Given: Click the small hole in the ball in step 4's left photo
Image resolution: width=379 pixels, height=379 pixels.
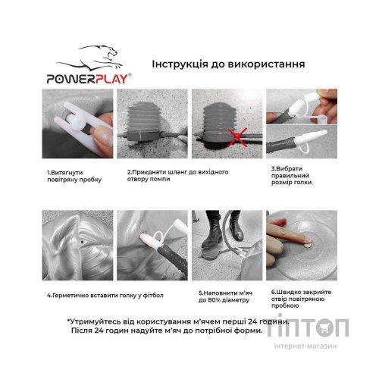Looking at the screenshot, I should (x=79, y=243).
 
